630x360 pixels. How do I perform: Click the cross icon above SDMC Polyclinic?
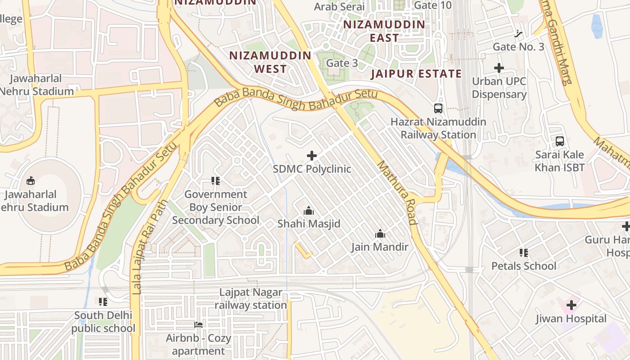coord(311,156)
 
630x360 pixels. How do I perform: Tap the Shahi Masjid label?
coord(309,224)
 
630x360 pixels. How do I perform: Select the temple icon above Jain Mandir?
coord(380,234)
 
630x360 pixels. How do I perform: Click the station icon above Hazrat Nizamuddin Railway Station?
coord(438,108)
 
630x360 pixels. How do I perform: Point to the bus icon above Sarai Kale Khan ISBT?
coord(560,141)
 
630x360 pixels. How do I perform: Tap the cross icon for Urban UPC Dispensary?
coord(499,68)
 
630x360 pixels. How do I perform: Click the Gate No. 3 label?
coord(518,47)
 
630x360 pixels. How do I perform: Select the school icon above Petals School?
coord(523,252)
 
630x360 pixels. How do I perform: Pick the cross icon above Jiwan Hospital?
coord(571,305)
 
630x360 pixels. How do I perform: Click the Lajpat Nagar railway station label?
coord(251,299)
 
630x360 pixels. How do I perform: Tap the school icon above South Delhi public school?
coord(103,301)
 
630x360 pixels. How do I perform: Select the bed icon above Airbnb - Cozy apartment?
coord(198,324)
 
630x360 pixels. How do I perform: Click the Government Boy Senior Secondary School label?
coord(216,207)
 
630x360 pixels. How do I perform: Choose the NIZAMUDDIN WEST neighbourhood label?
coord(270,62)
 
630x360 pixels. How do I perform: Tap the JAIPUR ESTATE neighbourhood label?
coord(416,74)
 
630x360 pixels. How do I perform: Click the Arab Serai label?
coord(339,6)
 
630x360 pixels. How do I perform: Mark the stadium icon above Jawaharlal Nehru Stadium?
coord(31,180)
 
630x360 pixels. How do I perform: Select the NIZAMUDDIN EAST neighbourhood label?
coord(384,31)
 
